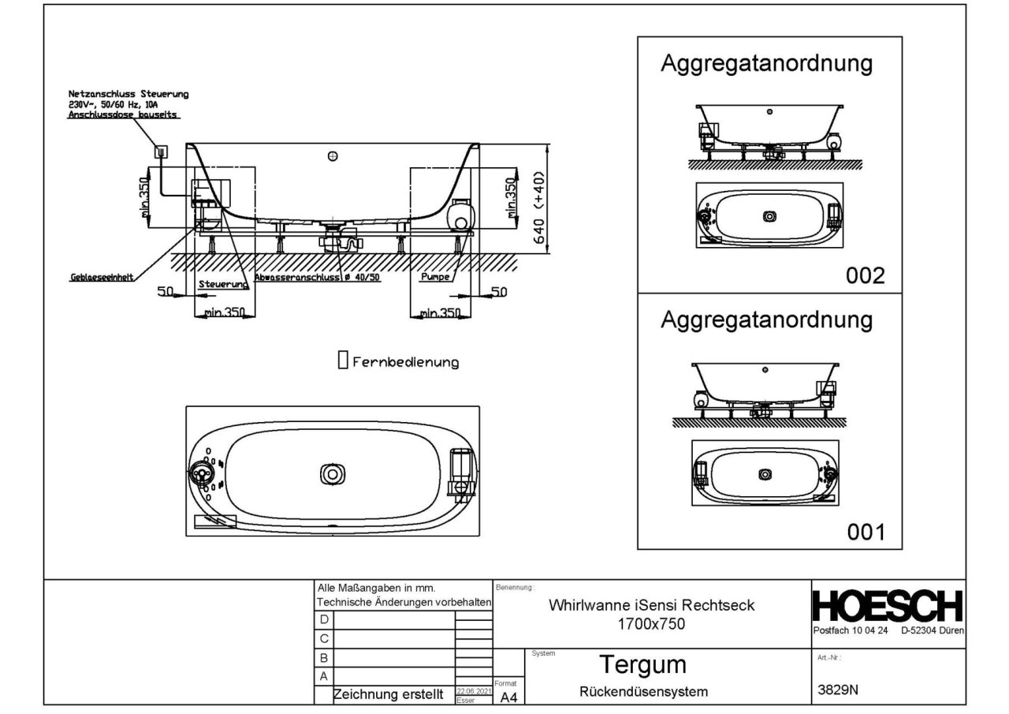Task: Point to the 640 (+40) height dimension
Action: pos(541,208)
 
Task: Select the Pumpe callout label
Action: pos(435,278)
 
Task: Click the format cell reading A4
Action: pos(508,697)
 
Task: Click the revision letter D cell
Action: pos(322,619)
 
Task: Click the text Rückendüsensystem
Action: pos(644,692)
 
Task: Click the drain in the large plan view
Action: pos(333,473)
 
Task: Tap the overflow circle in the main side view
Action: pos(333,157)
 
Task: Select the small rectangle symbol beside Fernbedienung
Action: pos(342,361)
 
